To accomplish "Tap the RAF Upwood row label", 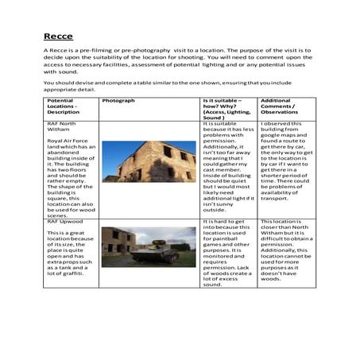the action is [x=64, y=221].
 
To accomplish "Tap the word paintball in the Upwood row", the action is [x=221, y=240].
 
